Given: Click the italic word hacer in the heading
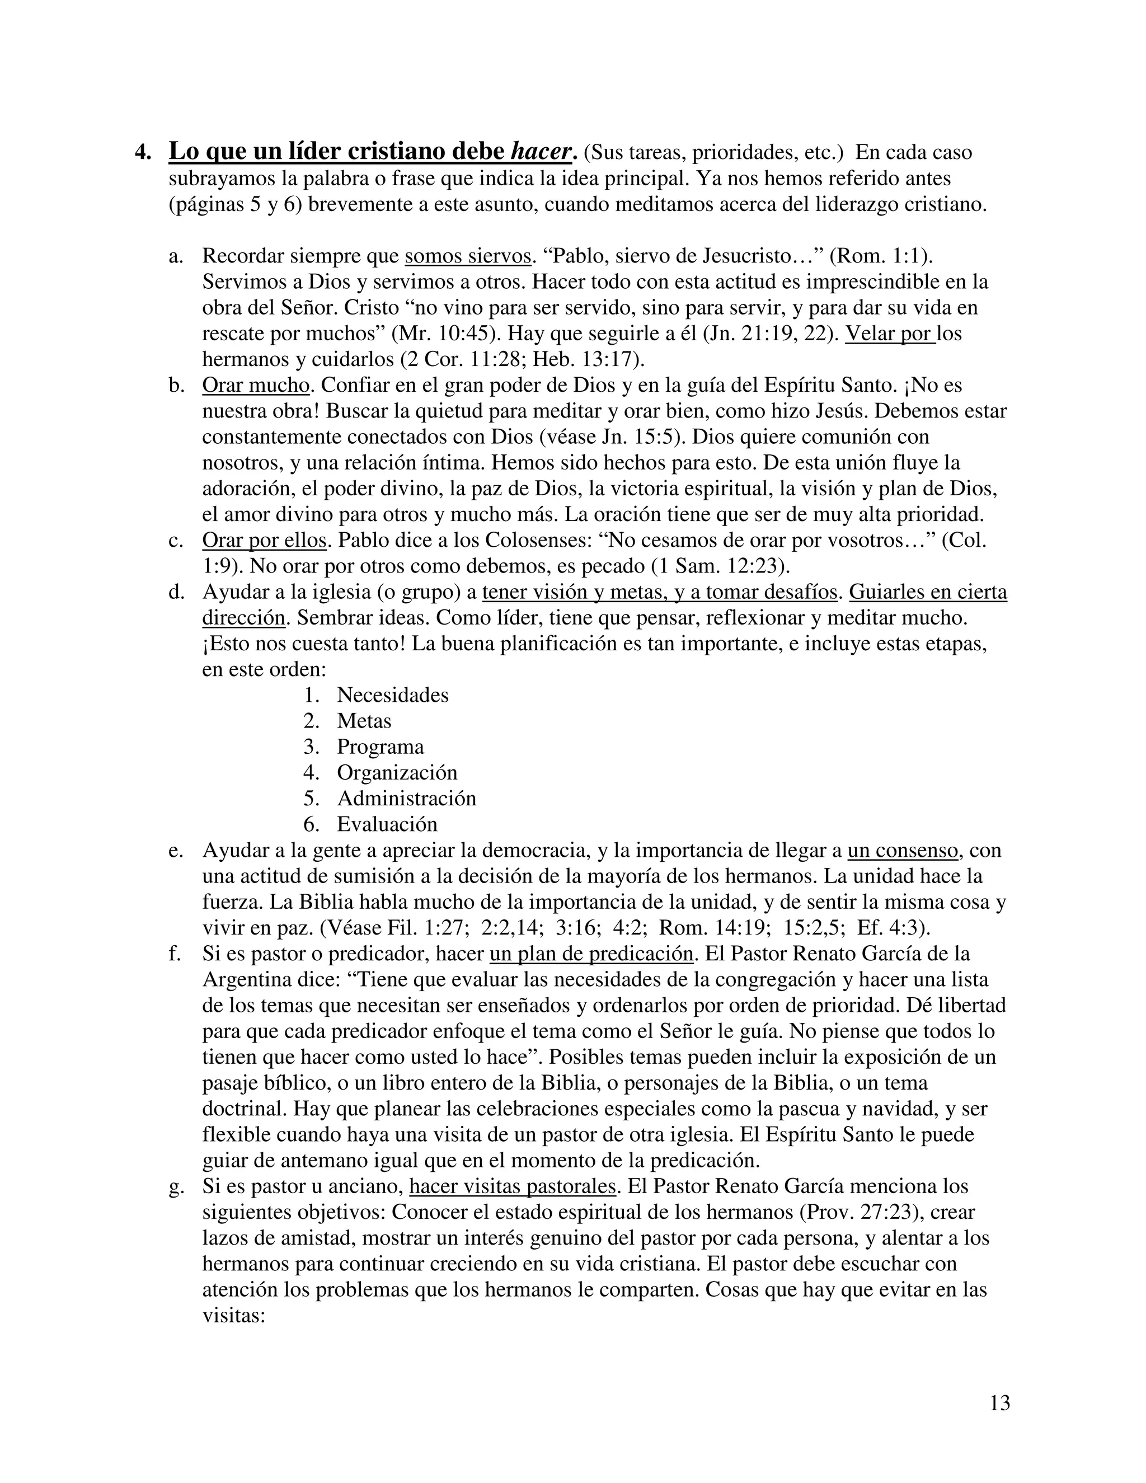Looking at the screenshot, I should click(x=540, y=152).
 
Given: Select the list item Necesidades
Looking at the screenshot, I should click(x=392, y=694).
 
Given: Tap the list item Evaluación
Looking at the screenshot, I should click(x=387, y=824).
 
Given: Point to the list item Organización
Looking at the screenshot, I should click(x=397, y=772).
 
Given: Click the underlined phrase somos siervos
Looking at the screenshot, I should click(x=468, y=256).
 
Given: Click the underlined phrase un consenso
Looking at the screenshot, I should click(x=903, y=850).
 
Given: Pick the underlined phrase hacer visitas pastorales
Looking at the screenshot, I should click(x=513, y=1186).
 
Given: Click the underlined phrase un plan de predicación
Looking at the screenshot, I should click(x=591, y=954).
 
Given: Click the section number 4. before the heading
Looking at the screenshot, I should click(x=143, y=152).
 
